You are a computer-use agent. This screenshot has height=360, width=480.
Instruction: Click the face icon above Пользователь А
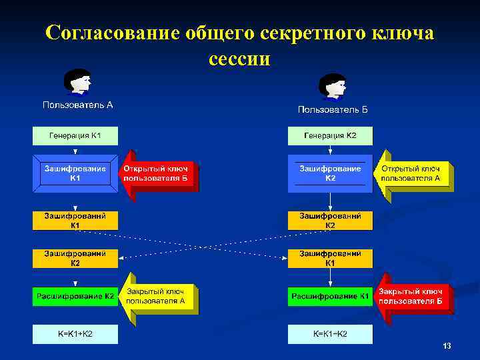(77, 83)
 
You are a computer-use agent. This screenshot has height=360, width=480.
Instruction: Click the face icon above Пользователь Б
(332, 87)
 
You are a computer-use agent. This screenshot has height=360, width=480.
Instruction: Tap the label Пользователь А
(77, 105)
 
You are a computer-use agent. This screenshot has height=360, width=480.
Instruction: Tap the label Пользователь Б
(333, 109)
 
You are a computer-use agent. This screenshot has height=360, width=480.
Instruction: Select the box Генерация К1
(75, 136)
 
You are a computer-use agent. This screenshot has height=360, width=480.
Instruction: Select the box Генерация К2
(330, 136)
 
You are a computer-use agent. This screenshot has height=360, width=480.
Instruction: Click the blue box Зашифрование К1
(75, 174)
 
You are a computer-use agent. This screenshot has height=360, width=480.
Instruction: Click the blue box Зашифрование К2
(330, 174)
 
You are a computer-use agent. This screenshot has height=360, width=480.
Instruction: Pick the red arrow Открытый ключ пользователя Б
(159, 174)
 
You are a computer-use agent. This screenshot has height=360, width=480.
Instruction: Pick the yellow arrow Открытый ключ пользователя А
(414, 174)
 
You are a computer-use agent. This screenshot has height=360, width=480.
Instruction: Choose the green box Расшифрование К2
(75, 296)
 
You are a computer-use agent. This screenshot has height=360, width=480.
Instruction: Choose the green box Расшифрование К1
(330, 296)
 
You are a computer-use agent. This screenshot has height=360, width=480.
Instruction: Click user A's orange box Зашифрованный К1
(75, 221)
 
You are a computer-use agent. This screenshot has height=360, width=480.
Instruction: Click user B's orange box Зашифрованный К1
(330, 258)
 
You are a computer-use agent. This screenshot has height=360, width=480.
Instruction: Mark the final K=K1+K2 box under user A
(75, 333)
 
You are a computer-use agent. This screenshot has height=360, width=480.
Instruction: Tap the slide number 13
(447, 346)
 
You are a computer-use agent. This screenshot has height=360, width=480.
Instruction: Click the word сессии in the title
(239, 59)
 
